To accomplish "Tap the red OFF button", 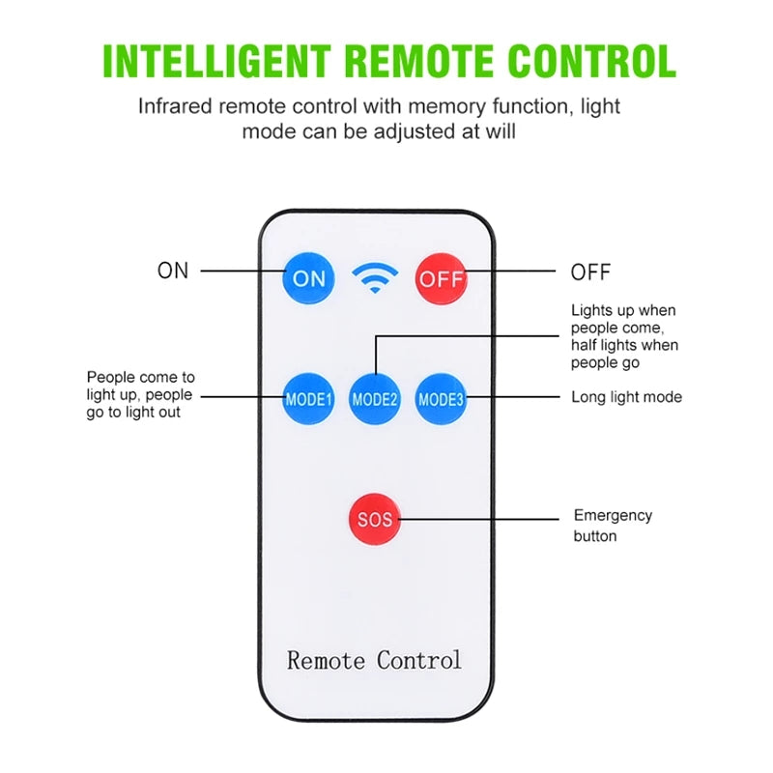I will (x=441, y=279).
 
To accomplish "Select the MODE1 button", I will (x=308, y=398).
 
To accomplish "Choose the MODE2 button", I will (x=375, y=398).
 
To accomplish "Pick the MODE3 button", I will (x=442, y=398).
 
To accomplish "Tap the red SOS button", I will (x=375, y=519).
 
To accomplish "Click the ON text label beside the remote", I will (x=173, y=272).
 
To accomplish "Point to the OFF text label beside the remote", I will (x=590, y=272).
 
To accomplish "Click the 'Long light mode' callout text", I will (x=626, y=397).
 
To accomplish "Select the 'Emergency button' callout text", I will (x=613, y=526).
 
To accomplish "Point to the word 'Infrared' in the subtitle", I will (x=174, y=106).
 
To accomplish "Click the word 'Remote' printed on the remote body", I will (x=327, y=661).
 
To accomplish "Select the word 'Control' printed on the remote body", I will (x=418, y=661).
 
